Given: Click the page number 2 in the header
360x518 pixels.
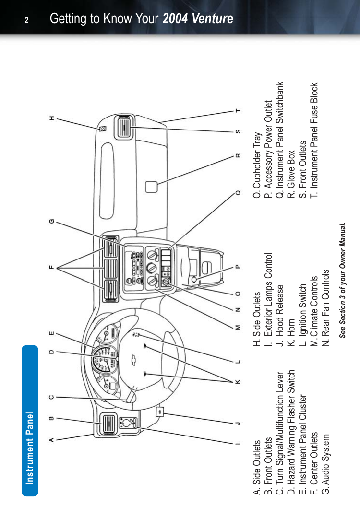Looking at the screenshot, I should tap(27, 20).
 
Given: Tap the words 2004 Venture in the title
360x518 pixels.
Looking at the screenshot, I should tap(198, 19).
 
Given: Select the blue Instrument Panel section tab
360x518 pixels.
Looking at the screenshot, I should tap(30, 420).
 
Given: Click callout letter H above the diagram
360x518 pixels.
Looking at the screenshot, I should tap(51, 118).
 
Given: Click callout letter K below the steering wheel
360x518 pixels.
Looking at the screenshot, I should tap(237, 382).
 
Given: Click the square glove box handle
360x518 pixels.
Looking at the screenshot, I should tap(152, 186).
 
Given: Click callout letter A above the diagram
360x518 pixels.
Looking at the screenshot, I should tap(51, 439).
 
